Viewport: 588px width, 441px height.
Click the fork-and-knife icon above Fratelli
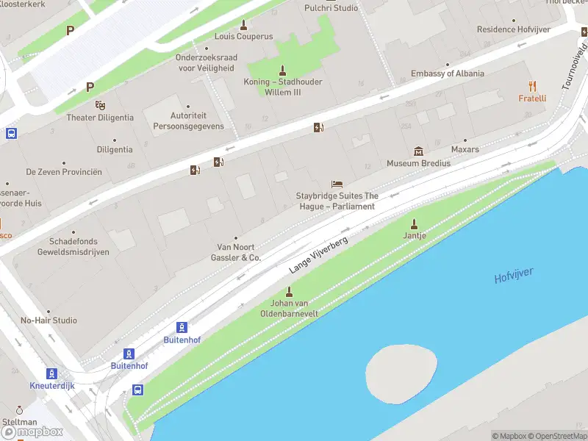(533, 86)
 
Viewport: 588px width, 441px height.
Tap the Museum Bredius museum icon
(418, 151)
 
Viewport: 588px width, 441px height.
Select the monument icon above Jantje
(415, 223)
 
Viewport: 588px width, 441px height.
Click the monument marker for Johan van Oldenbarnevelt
(289, 292)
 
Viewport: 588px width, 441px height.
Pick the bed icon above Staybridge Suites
(337, 184)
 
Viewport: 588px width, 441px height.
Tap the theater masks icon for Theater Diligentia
(100, 105)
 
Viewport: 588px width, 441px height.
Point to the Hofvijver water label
(514, 277)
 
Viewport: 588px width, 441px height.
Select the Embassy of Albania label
(447, 73)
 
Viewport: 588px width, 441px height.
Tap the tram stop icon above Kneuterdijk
(51, 373)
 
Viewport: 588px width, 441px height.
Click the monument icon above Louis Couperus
(243, 24)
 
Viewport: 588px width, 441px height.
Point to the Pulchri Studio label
(331, 8)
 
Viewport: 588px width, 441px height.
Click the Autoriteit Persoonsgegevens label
(188, 121)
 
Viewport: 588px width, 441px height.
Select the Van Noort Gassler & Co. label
(235, 253)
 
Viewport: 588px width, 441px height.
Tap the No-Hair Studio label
(49, 320)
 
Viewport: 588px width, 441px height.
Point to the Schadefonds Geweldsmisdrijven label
(73, 246)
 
